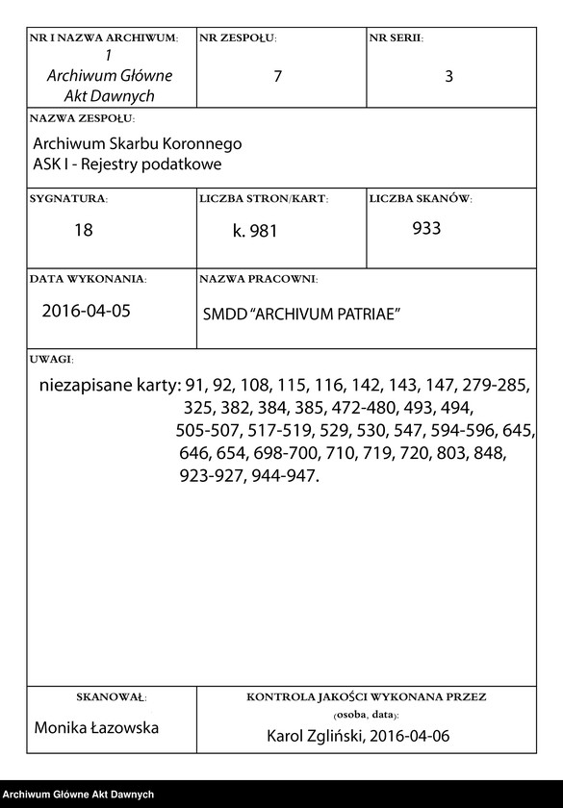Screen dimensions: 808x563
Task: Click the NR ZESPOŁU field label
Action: [x=238, y=38]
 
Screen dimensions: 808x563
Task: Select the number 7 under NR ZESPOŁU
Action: [x=277, y=77]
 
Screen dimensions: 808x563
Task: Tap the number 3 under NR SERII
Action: [x=448, y=77]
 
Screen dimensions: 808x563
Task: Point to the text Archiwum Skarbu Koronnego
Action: [x=137, y=143]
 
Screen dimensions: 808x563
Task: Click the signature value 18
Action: [x=84, y=231]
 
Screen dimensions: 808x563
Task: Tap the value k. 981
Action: [x=255, y=232]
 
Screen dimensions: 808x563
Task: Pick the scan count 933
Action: [x=426, y=229]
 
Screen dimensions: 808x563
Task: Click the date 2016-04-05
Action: [x=85, y=311]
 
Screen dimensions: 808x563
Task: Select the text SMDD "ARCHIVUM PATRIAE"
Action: [x=301, y=315]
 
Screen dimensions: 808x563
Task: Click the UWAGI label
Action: [x=51, y=358]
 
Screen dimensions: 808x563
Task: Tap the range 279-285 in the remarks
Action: [x=495, y=386]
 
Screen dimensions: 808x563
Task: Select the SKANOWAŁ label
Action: [x=110, y=695]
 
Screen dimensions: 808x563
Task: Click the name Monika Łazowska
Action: [x=96, y=728]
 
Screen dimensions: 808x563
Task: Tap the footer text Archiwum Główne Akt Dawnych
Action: [x=79, y=795]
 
